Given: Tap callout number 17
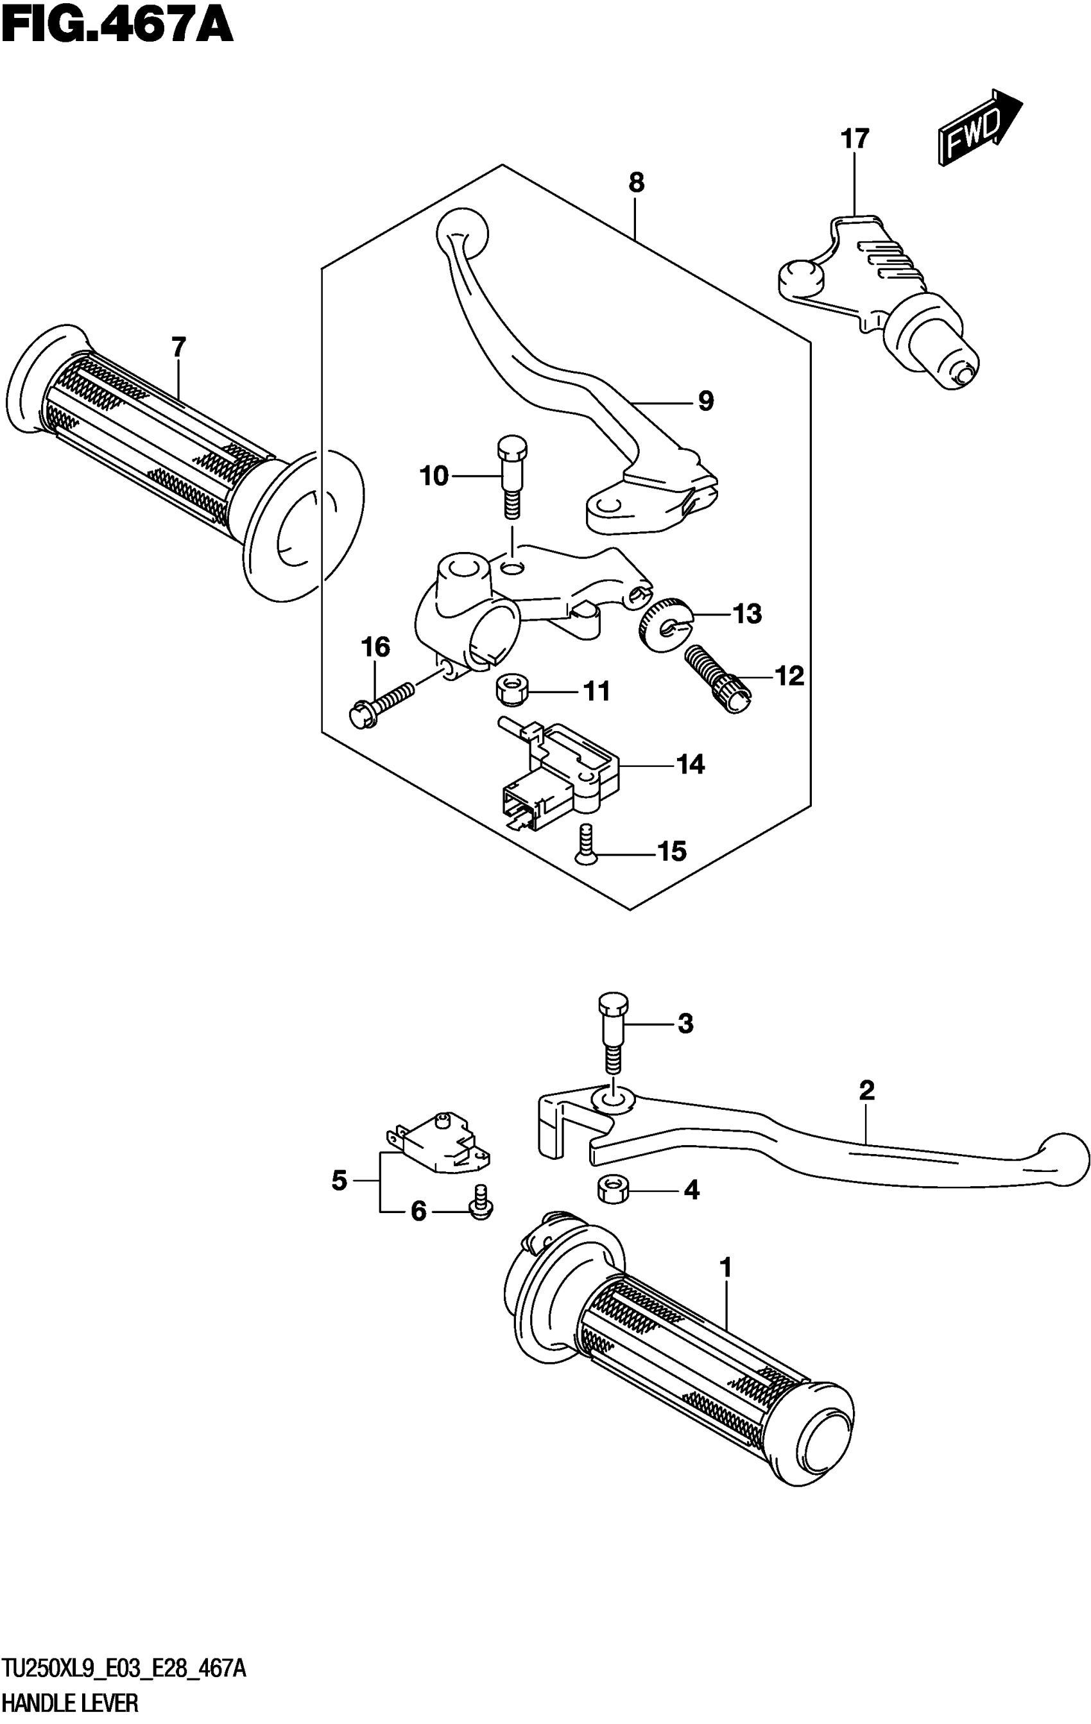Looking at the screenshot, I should pos(854,139).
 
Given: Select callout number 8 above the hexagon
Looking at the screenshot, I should pos(636,184).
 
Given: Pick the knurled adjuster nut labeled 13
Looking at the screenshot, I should pos(664,622).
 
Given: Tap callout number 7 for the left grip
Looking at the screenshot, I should pos(178,348).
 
